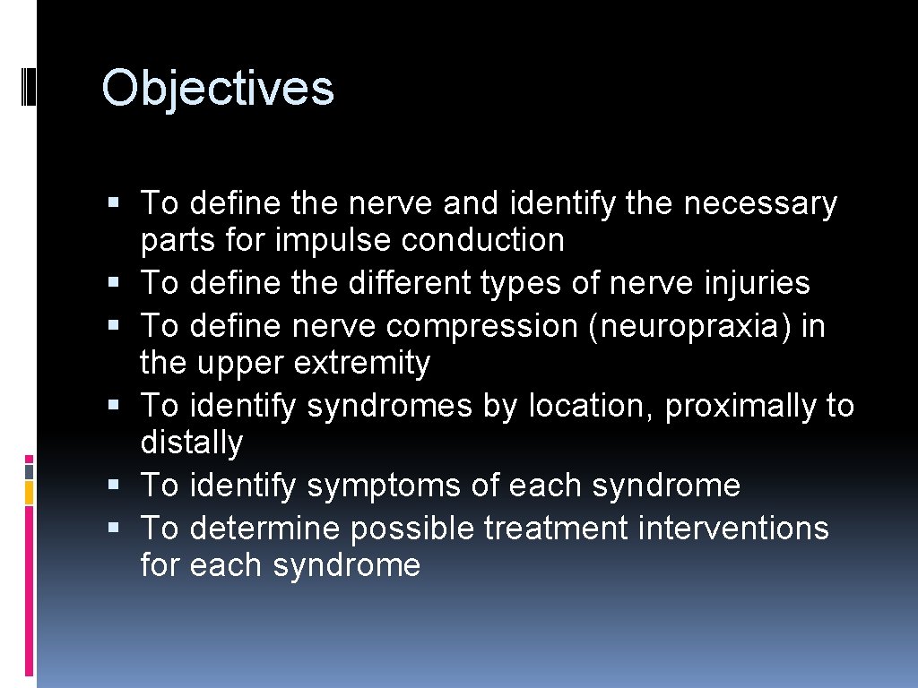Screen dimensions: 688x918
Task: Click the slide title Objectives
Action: click(x=218, y=89)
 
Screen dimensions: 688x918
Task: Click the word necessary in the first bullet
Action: click(x=759, y=204)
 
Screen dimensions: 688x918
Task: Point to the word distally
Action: click(x=191, y=443)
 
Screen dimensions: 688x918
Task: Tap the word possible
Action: click(x=412, y=529)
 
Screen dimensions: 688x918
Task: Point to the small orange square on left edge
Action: click(x=29, y=491)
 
